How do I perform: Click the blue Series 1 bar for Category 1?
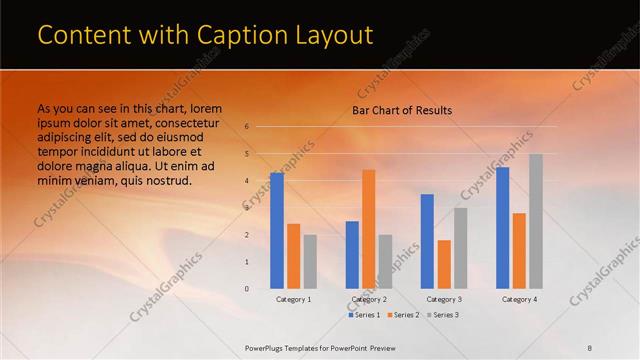click(277, 230)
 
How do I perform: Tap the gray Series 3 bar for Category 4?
click(535, 221)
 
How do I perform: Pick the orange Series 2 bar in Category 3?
click(444, 264)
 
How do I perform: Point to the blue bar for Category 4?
click(502, 228)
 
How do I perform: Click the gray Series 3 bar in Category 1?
click(310, 261)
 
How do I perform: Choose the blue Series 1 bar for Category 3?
click(427, 241)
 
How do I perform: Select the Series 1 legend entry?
click(364, 315)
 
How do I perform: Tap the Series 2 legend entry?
click(402, 315)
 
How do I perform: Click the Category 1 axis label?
click(293, 299)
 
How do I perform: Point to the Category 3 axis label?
click(444, 299)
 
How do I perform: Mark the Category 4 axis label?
click(519, 299)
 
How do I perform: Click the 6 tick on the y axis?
click(246, 127)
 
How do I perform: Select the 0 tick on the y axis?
click(246, 289)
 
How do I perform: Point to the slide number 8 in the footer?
click(590, 346)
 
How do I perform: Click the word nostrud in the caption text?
click(167, 180)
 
